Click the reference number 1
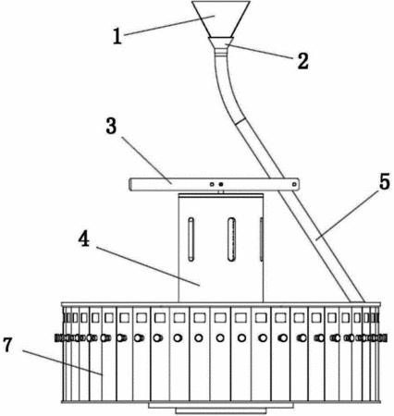(117, 36)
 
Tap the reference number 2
(302, 61)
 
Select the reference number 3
(111, 127)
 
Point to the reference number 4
(84, 239)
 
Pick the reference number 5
(385, 181)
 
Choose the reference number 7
(7, 345)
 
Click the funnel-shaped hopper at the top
(220, 19)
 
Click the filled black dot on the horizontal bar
(221, 184)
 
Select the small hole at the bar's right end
(294, 184)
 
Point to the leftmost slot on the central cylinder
(191, 239)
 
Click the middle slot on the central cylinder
(231, 239)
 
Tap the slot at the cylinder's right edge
(262, 239)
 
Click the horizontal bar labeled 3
(214, 184)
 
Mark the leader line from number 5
(347, 216)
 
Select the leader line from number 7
(62, 362)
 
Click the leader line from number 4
(148, 266)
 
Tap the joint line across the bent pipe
(240, 121)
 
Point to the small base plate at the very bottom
(220, 410)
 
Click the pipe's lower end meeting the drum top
(357, 301)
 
